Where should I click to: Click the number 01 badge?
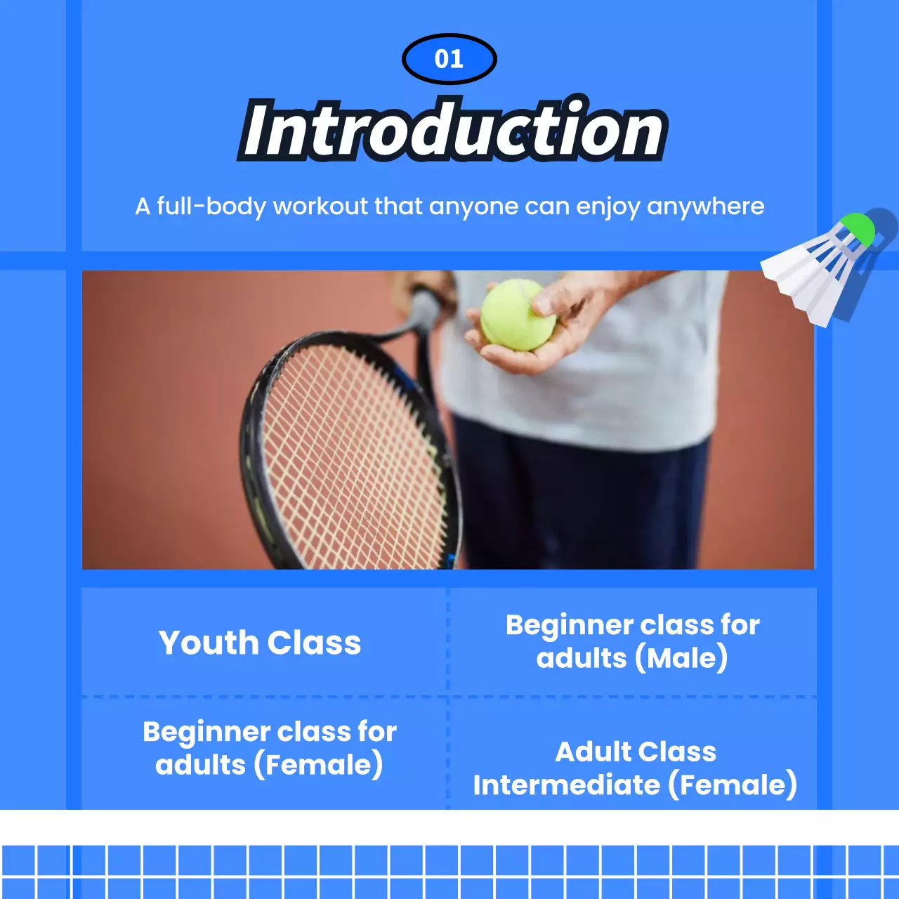click(449, 59)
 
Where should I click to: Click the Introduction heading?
click(452, 131)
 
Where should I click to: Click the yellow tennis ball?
click(518, 315)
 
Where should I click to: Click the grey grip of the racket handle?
click(426, 308)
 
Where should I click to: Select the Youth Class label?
click(260, 643)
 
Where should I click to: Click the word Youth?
click(208, 643)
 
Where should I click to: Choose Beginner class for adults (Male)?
click(632, 641)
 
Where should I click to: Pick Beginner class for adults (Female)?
click(270, 748)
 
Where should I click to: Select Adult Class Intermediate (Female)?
click(635, 768)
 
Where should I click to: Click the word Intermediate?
click(566, 785)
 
